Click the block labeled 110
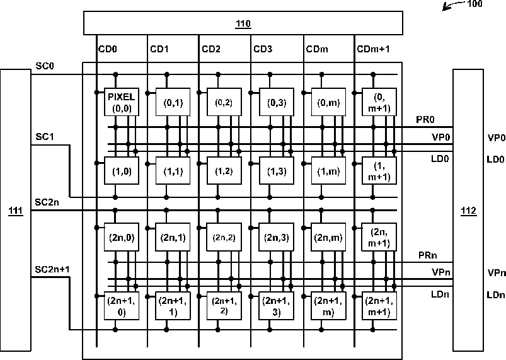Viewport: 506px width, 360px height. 243,23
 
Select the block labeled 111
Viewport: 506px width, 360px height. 16,210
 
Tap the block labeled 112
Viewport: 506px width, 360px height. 468,210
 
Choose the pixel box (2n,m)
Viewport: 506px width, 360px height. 328,237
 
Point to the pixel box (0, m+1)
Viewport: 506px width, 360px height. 379,102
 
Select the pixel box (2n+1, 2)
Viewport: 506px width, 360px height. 224,306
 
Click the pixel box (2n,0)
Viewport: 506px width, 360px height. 122,237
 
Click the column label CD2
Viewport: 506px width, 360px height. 211,49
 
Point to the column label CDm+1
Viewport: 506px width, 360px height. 374,49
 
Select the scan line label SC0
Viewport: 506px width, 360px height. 45,66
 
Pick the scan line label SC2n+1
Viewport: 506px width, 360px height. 52,269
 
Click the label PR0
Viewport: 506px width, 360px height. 425,119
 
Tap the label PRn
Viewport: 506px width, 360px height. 428,255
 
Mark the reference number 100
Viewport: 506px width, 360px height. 475,4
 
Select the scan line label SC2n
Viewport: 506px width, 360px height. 47,202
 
